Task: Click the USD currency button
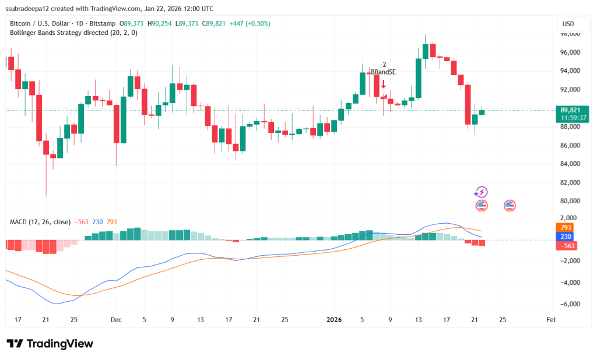(x=568, y=24)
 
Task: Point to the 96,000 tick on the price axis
(x=571, y=52)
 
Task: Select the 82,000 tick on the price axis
(x=571, y=182)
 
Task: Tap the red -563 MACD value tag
(x=566, y=246)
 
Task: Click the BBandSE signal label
(x=383, y=72)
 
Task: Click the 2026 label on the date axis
(x=334, y=320)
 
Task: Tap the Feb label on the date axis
(x=550, y=320)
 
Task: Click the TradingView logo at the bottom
(x=50, y=344)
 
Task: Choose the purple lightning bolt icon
(x=480, y=192)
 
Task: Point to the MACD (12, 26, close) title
(x=40, y=222)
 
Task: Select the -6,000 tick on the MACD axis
(x=571, y=304)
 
